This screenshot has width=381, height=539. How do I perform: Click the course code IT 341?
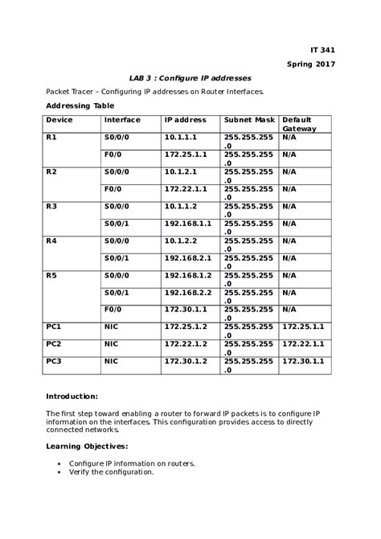click(322, 50)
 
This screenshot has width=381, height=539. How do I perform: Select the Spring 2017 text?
click(311, 64)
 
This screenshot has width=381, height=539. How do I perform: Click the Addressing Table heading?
click(80, 105)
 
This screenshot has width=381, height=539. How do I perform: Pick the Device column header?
click(59, 120)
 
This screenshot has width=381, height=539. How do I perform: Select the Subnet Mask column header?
click(249, 120)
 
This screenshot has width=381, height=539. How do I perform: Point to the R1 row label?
click(51, 138)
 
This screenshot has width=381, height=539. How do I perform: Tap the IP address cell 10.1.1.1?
click(180, 138)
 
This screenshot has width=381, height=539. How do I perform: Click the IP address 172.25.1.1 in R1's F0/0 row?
click(186, 154)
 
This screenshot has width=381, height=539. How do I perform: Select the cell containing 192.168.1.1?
click(188, 223)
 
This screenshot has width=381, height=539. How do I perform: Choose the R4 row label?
click(51, 241)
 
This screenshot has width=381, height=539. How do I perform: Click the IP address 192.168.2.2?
click(188, 292)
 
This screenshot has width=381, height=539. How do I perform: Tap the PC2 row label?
click(54, 344)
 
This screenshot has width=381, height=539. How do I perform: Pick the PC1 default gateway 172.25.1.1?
click(303, 327)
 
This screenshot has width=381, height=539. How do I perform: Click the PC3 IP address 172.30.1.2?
click(186, 361)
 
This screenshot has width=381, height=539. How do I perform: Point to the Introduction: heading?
click(72, 396)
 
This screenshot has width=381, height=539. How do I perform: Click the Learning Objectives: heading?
click(87, 446)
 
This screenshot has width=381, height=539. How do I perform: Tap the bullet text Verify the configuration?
click(111, 472)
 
